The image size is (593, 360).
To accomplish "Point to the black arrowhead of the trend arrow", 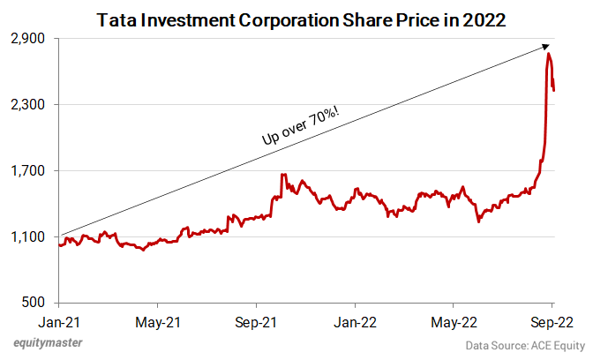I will [x=547, y=48].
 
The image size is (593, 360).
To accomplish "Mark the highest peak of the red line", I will [x=549, y=55].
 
